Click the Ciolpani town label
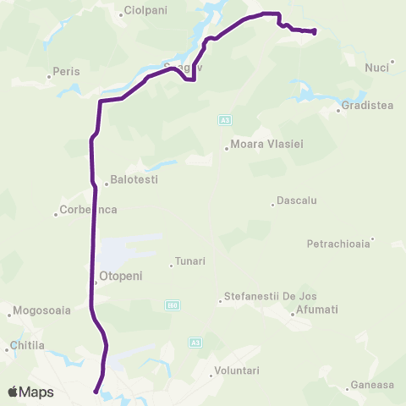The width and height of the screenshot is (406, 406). click(x=146, y=11)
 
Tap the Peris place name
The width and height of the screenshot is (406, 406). click(x=66, y=72)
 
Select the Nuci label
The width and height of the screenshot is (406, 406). click(x=376, y=68)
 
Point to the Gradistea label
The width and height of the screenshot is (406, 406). click(x=370, y=106)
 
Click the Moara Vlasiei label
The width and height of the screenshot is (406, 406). click(x=266, y=145)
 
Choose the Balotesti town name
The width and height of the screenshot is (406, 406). click(x=134, y=180)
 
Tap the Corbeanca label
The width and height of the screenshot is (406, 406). click(x=89, y=210)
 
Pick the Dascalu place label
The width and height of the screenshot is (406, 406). click(x=296, y=201)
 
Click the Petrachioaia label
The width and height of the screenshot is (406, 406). click(x=338, y=244)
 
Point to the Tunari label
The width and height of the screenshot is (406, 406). click(x=191, y=262)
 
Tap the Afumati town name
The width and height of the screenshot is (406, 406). click(x=317, y=310)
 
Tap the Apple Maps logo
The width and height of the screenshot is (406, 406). click(x=30, y=392)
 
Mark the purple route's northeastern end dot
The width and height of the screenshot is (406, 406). click(x=314, y=32)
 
